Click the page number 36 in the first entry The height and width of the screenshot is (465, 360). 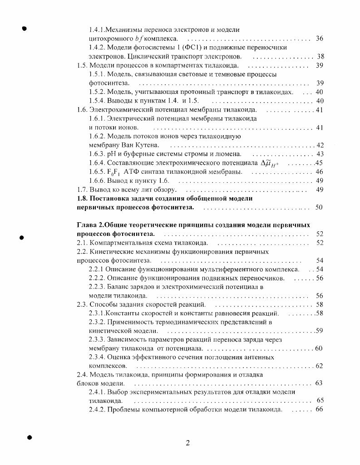pyautogui.click(x=319, y=39)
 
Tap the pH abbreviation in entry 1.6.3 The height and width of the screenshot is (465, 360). pyautogui.click(x=111, y=154)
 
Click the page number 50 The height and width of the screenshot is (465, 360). pyautogui.click(x=319, y=207)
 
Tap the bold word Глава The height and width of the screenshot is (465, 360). pyautogui.click(x=86, y=225)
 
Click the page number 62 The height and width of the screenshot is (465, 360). pyautogui.click(x=319, y=366)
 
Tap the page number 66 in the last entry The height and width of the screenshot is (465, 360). pyautogui.click(x=319, y=410)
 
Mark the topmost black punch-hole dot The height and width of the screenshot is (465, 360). pyautogui.click(x=25, y=28)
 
